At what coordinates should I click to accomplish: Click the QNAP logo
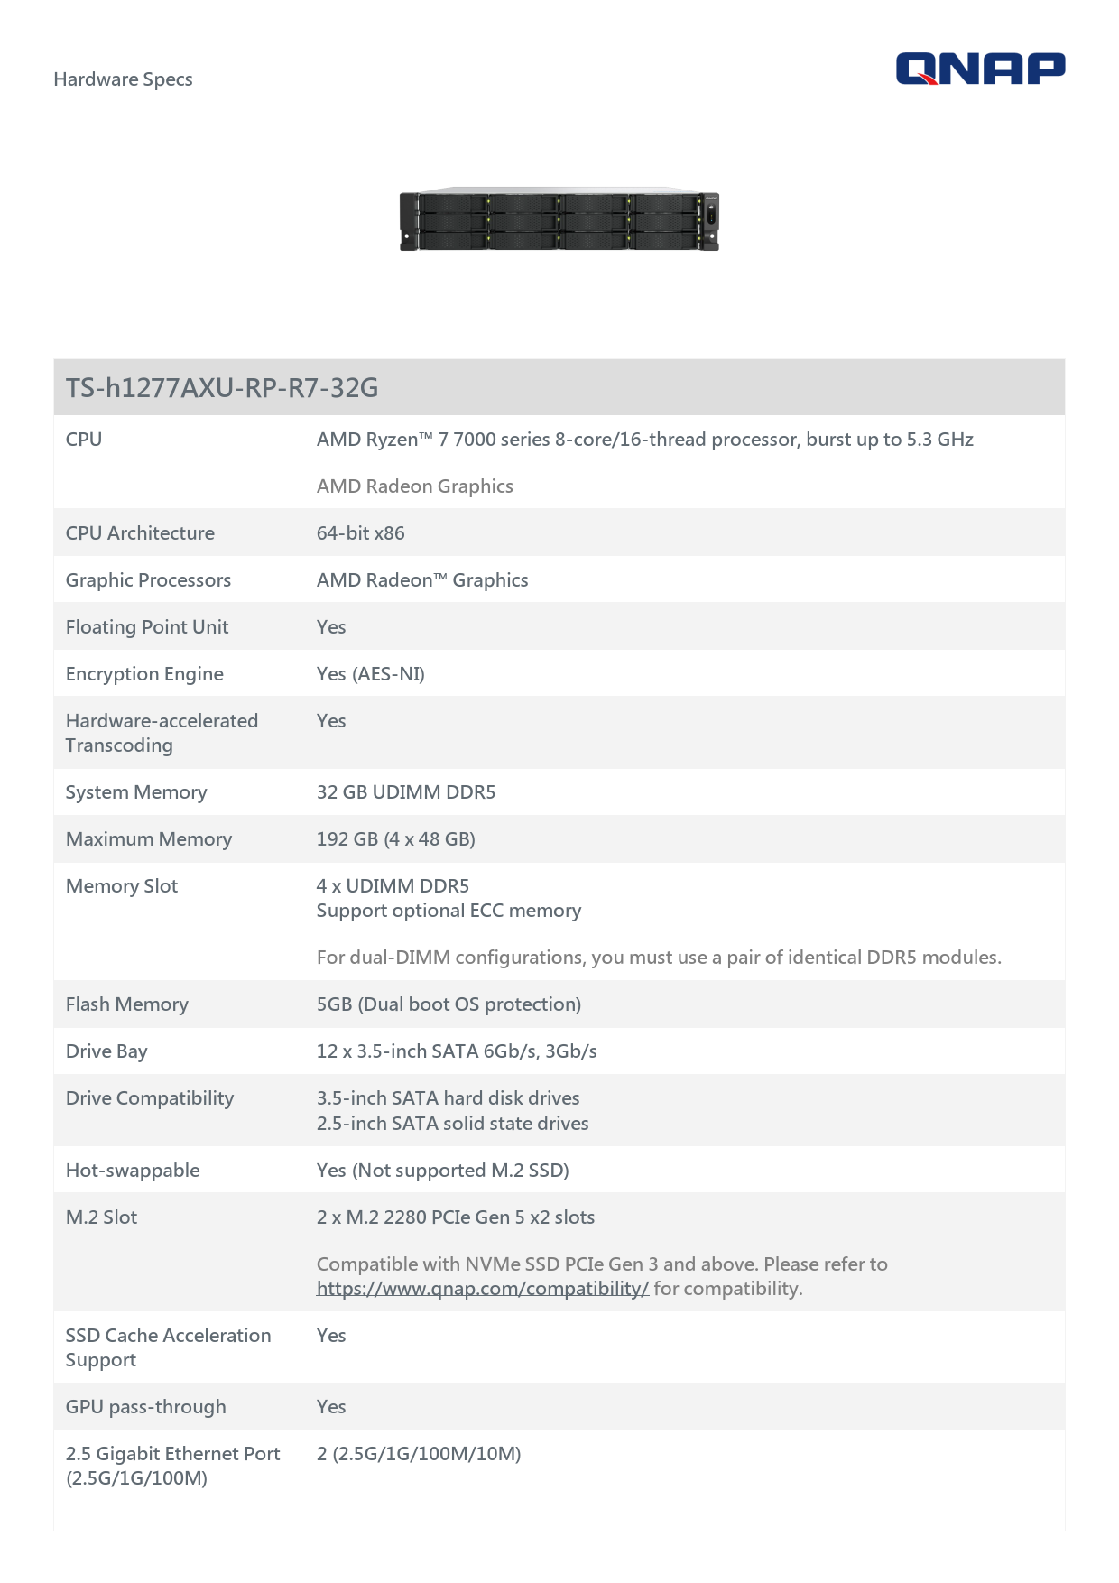pos(980,69)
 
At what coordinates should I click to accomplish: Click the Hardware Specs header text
pos(123,79)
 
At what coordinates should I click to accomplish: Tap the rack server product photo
pos(559,219)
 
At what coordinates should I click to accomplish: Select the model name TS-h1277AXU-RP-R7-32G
pos(222,388)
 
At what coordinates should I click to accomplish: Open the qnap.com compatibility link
pos(482,1289)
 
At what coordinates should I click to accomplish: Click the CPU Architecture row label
pos(140,533)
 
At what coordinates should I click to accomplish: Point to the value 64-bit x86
pos(360,533)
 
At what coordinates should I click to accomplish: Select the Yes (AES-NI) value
pos(370,674)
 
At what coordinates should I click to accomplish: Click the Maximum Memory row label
pos(149,839)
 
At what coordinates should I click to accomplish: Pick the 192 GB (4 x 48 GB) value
pos(395,839)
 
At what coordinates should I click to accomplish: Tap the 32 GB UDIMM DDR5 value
pos(406,792)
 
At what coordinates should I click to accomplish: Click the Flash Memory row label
pos(127,1004)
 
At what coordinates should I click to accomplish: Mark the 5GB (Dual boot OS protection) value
pos(449,1004)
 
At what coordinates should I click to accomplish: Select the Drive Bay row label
pos(106,1051)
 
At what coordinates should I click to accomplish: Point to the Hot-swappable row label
pos(133,1171)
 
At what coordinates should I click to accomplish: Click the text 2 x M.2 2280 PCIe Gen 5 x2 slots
pos(456,1217)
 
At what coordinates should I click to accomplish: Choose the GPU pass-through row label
pos(146,1407)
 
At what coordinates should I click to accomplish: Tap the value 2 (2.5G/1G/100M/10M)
pos(419,1454)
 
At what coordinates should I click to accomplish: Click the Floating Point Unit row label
pos(147,627)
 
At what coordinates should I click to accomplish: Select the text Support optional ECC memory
pos(449,911)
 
